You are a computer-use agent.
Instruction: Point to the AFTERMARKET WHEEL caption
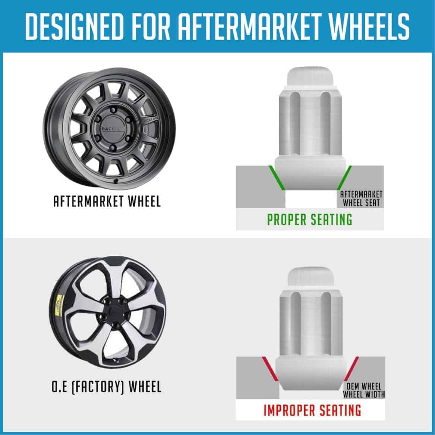click(x=107, y=202)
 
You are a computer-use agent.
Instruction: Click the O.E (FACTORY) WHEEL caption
click(x=107, y=387)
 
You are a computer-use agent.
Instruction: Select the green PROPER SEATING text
click(x=310, y=220)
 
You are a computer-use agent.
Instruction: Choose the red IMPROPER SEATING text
click(x=312, y=410)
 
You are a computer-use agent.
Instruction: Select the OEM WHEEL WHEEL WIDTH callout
click(x=364, y=390)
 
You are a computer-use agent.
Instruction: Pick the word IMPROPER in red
click(x=287, y=410)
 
